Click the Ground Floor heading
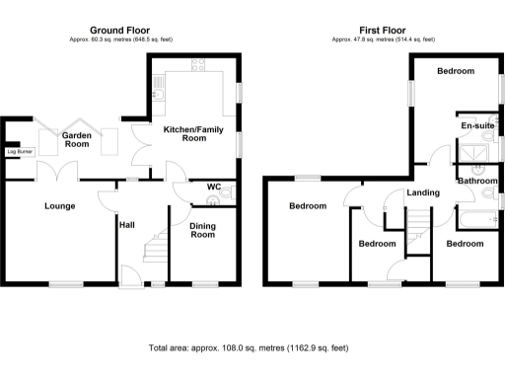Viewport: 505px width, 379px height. (120, 31)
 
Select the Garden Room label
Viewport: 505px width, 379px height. (78, 140)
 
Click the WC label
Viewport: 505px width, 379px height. (213, 186)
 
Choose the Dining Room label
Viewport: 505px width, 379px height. (202, 230)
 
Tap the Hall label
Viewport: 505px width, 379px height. (127, 225)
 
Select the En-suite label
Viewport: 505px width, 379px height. (477, 126)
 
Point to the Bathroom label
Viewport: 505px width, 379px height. (477, 181)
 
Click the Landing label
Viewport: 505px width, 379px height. (423, 191)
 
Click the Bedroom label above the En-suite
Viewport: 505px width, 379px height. (456, 71)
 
